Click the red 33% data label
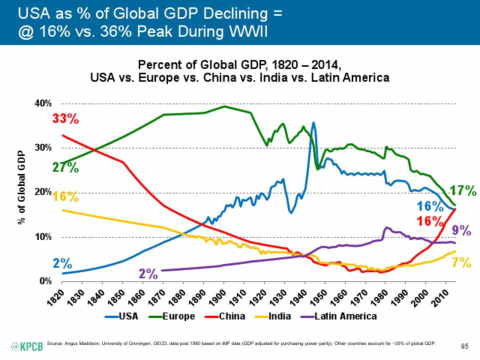pos(65,120)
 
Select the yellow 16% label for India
pos(65,197)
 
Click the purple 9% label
pos(462,230)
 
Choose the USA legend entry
pos(123,316)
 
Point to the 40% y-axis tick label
pos(42,103)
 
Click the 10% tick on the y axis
pos(42,237)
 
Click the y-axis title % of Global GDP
pos(22,192)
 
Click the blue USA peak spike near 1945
pos(313,123)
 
